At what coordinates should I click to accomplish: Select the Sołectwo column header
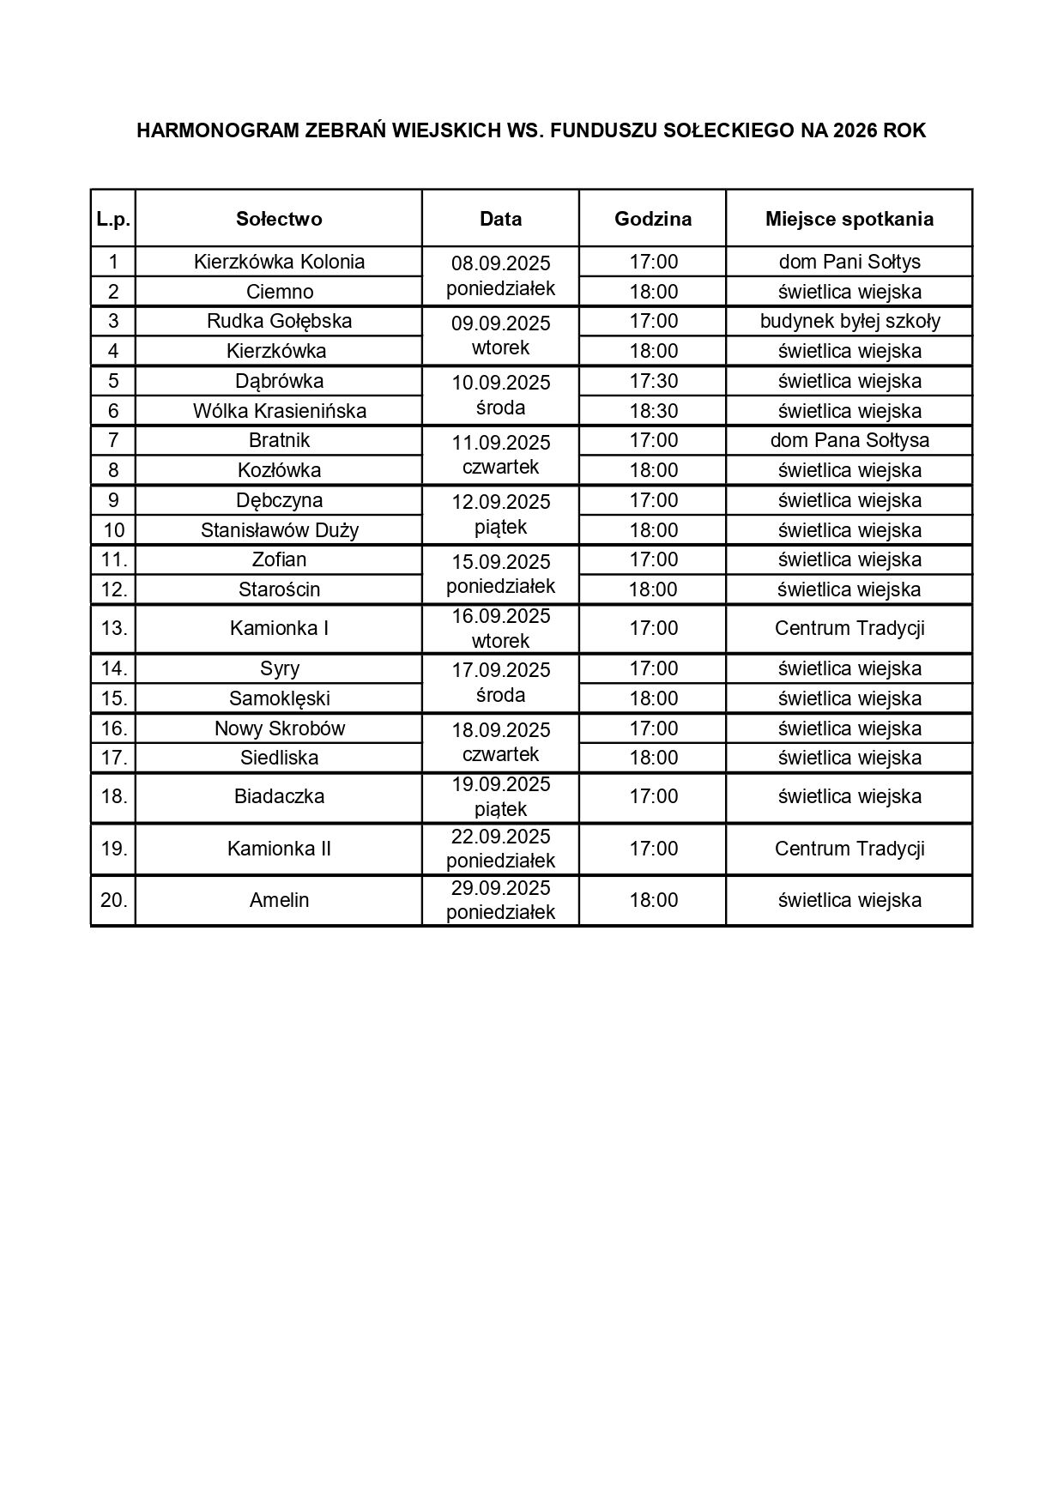(279, 219)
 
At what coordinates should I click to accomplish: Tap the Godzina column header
(653, 219)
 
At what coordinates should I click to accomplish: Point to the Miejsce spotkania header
(849, 219)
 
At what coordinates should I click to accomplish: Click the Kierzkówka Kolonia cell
(279, 262)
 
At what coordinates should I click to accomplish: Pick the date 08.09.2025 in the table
(500, 263)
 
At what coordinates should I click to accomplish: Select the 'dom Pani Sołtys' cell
(849, 262)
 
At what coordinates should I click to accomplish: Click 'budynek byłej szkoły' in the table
(849, 321)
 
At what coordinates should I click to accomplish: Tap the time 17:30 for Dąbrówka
(653, 381)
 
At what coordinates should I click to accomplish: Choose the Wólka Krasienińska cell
(279, 411)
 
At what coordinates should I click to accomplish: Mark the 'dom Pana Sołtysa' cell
(849, 440)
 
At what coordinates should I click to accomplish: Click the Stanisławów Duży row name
(279, 530)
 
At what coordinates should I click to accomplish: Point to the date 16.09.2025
(500, 617)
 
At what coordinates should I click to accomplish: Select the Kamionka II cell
(279, 849)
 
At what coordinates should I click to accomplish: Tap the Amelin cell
(279, 900)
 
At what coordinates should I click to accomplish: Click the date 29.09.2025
(500, 888)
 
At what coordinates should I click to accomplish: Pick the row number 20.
(113, 900)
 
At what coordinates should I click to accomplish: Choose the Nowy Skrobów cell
(279, 728)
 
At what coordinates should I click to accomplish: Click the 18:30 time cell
(653, 411)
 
